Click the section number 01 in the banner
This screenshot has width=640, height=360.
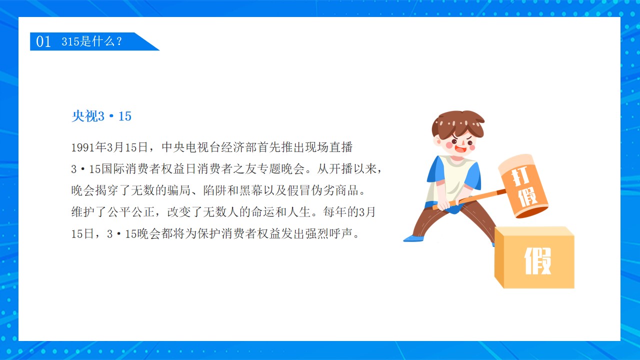tap(43, 41)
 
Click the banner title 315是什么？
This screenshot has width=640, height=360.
tap(92, 41)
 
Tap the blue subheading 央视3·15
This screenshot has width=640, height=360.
tap(101, 116)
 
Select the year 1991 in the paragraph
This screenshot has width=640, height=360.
tap(83, 147)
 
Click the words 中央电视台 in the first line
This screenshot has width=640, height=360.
tap(191, 147)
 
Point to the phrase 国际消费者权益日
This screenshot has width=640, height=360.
tap(149, 169)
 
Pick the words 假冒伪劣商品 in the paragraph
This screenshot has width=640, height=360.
tap(323, 190)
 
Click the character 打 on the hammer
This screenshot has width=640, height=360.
tap(520, 177)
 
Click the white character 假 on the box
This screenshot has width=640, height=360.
tap(537, 261)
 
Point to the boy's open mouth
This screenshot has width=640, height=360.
tap(460, 149)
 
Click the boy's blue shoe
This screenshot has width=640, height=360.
tap(413, 238)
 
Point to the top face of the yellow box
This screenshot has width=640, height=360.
tap(535, 231)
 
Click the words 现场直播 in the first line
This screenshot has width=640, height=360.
tap(329, 147)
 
